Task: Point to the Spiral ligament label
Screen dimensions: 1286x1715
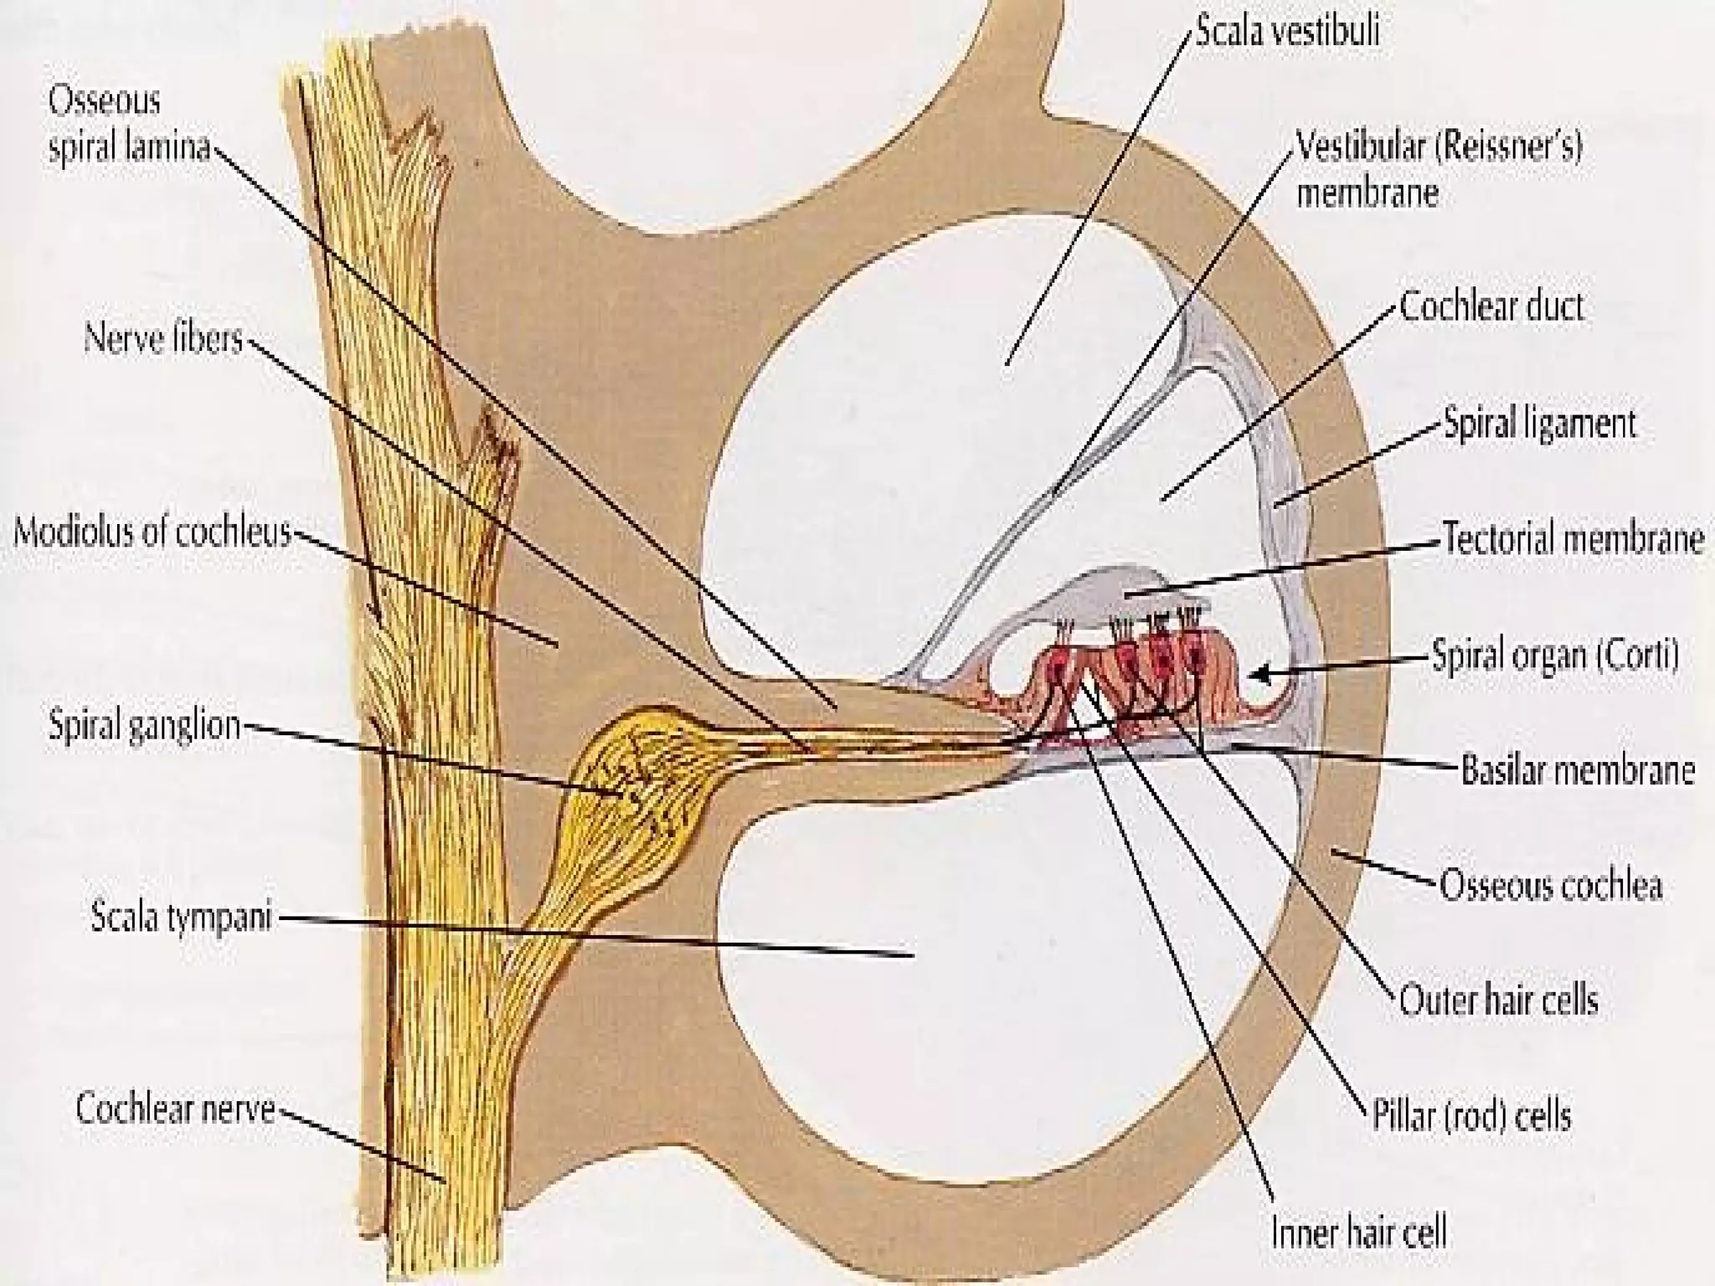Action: coord(1539,424)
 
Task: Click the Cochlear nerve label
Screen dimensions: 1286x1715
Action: coord(175,1109)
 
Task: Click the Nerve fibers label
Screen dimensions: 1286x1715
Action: coord(163,341)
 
